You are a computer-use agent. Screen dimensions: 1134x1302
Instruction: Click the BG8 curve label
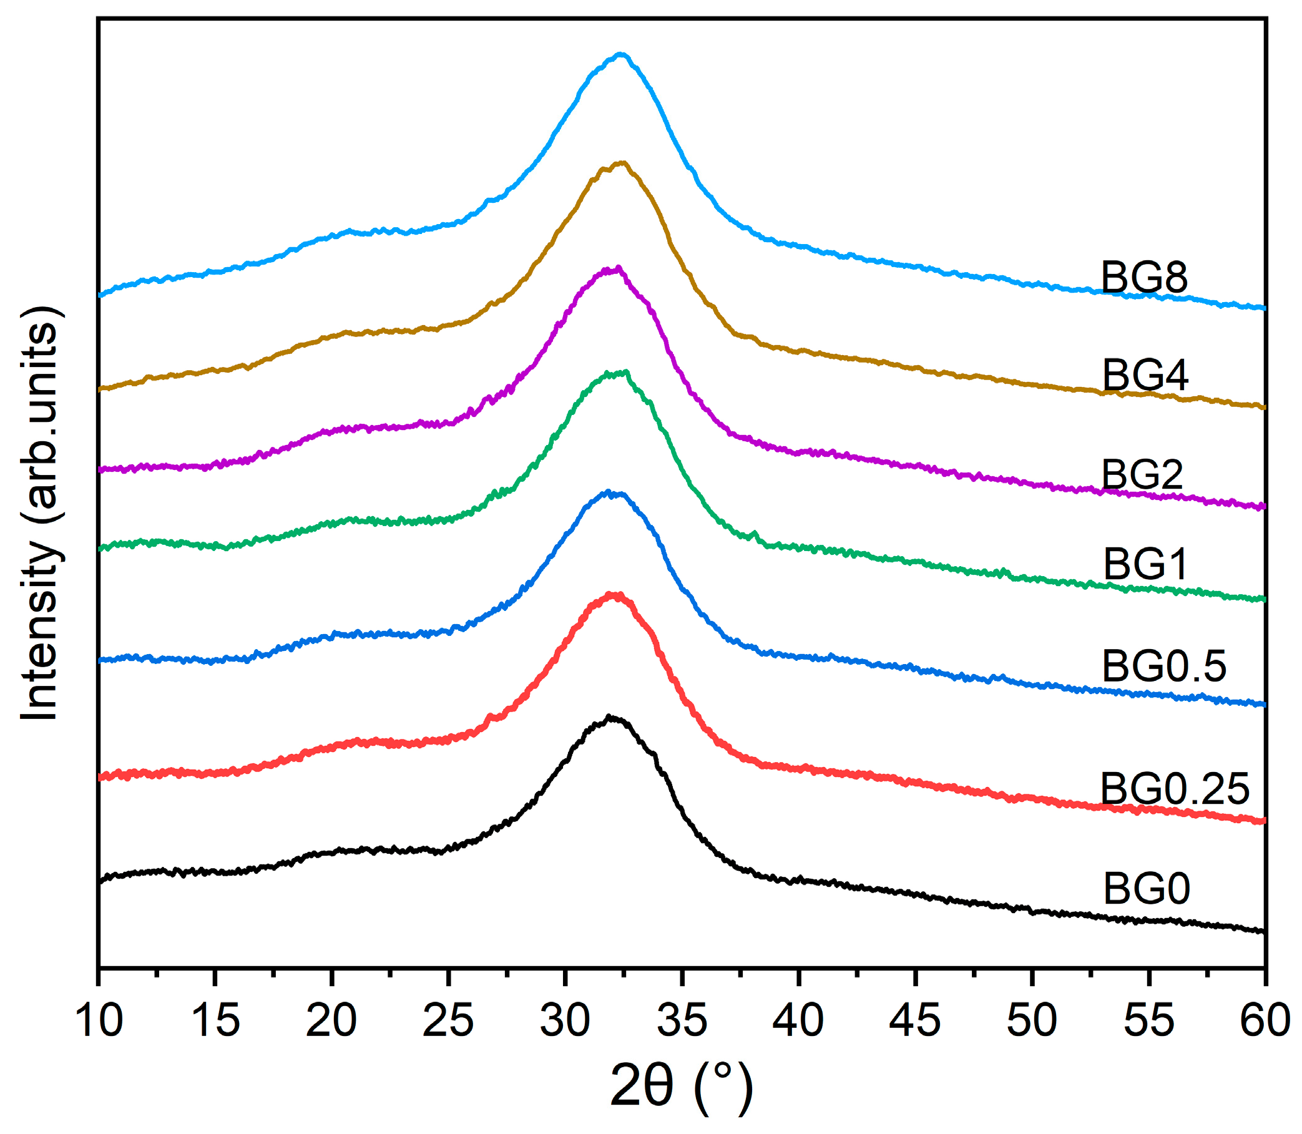pos(1143,277)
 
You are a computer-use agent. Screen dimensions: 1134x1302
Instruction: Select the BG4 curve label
pos(1145,374)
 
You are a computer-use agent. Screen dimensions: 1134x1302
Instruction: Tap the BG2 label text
pos(1142,474)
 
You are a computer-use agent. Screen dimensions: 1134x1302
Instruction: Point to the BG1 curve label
pos(1144,564)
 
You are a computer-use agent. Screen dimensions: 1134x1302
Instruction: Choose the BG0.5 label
pos(1163,666)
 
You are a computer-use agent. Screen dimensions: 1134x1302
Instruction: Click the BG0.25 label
pos(1175,788)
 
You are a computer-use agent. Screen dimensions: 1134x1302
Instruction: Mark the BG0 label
pos(1147,889)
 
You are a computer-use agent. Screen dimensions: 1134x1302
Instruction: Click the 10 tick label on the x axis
pos(99,1021)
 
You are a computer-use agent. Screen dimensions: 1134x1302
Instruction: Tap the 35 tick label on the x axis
pos(682,1021)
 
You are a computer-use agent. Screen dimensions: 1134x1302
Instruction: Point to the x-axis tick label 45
pos(914,1021)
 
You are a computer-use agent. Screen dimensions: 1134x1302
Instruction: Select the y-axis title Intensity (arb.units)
pos(41,512)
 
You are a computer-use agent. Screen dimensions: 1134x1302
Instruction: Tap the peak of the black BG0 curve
pos(610,718)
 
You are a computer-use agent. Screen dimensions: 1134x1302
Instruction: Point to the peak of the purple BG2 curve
pos(617,268)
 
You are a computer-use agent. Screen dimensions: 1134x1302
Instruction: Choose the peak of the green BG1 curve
pos(625,373)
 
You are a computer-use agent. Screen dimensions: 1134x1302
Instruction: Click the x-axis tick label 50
pos(1032,1021)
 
